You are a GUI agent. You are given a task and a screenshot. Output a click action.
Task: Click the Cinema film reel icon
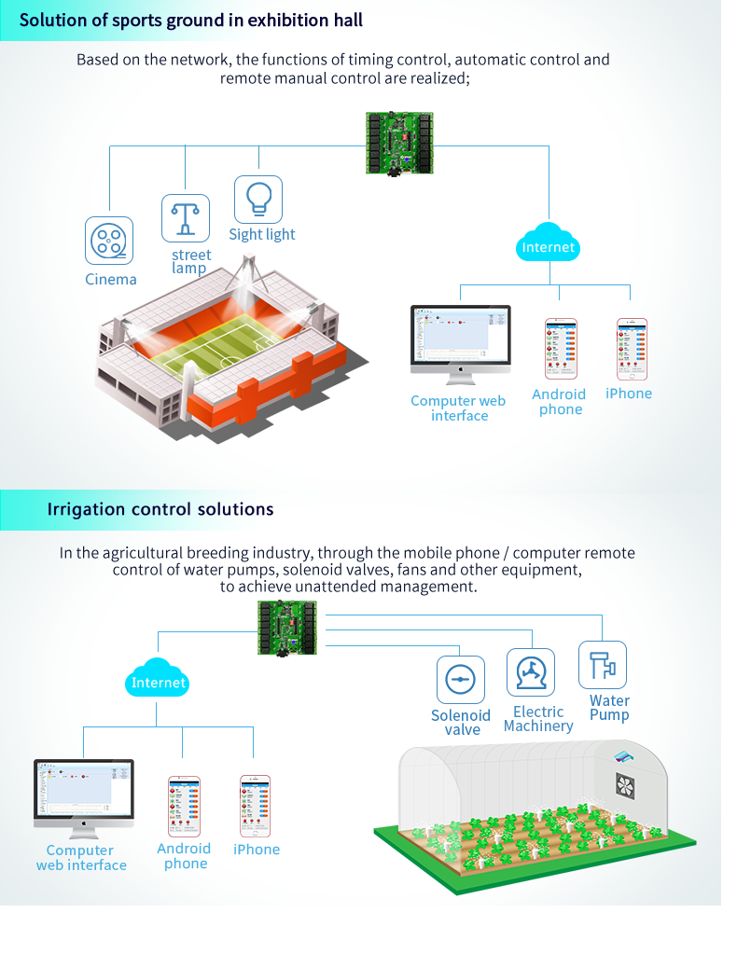pos(109,241)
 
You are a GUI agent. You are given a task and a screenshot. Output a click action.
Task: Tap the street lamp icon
pos(186,218)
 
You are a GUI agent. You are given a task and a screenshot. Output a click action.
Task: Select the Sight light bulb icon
pos(257,199)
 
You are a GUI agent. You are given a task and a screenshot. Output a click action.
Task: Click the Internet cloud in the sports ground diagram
pos(549,246)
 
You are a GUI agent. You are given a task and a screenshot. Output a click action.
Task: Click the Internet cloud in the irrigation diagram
pos(159,682)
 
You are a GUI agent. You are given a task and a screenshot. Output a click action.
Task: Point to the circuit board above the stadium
pos(399,142)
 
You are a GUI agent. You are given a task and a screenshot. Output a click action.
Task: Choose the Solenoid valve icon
pos(461,680)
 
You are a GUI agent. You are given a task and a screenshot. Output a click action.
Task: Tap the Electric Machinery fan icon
pos(530,672)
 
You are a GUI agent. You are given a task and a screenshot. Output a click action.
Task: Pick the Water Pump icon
pos(603,665)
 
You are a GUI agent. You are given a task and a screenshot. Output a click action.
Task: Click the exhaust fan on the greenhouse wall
pos(625,784)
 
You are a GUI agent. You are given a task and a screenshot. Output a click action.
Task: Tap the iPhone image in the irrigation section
pos(255,806)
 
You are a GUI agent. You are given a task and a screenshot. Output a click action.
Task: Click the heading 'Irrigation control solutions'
pos(160,509)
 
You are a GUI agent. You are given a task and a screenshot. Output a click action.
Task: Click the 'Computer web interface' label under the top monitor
pos(458,408)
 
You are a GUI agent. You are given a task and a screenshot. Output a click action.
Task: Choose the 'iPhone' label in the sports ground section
pos(629,394)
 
